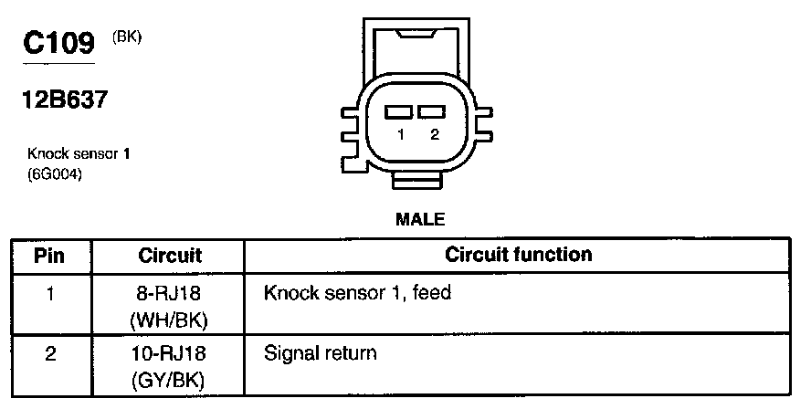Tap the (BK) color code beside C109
pyautogui.click(x=127, y=37)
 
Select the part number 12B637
pyautogui.click(x=65, y=99)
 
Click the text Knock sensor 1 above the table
pyautogui.click(x=79, y=155)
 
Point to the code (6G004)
pyautogui.click(x=56, y=174)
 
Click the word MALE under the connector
pyautogui.click(x=419, y=219)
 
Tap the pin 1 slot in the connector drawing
pyautogui.click(x=399, y=112)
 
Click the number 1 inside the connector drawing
pyautogui.click(x=401, y=134)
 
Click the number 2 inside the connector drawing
pyautogui.click(x=435, y=134)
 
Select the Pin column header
pyautogui.click(x=49, y=255)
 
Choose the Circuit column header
pyautogui.click(x=170, y=255)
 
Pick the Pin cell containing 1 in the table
pyautogui.click(x=49, y=294)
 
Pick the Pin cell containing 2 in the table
pyautogui.click(x=49, y=352)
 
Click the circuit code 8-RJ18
pyautogui.click(x=170, y=294)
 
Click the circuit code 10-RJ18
pyautogui.click(x=170, y=352)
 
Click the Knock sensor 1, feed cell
pyautogui.click(x=358, y=294)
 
